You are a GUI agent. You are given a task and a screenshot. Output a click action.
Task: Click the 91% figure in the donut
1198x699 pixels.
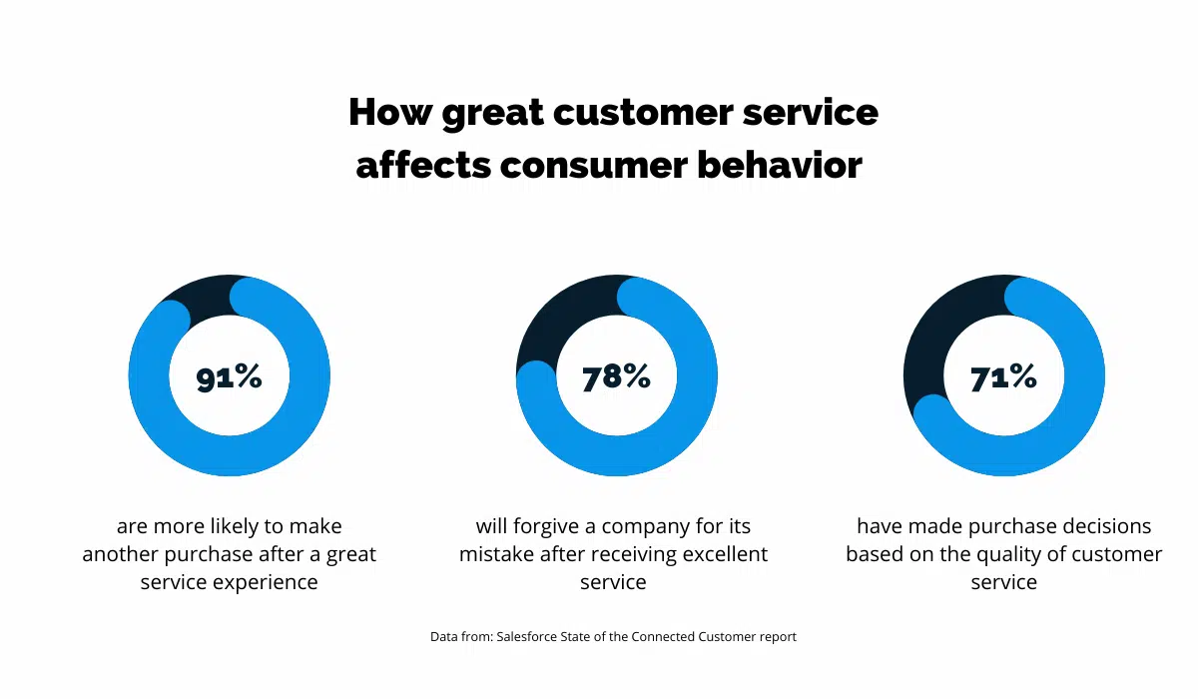pyautogui.click(x=230, y=377)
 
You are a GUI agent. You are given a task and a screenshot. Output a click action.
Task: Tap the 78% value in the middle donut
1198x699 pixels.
pyautogui.click(x=616, y=376)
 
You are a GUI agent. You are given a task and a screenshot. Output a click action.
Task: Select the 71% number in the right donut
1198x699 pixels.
pyautogui.click(x=1003, y=376)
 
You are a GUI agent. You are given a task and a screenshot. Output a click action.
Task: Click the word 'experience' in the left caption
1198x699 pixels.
pyautogui.click(x=271, y=582)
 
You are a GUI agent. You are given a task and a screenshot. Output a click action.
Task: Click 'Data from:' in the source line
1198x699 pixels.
pyautogui.click(x=460, y=637)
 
